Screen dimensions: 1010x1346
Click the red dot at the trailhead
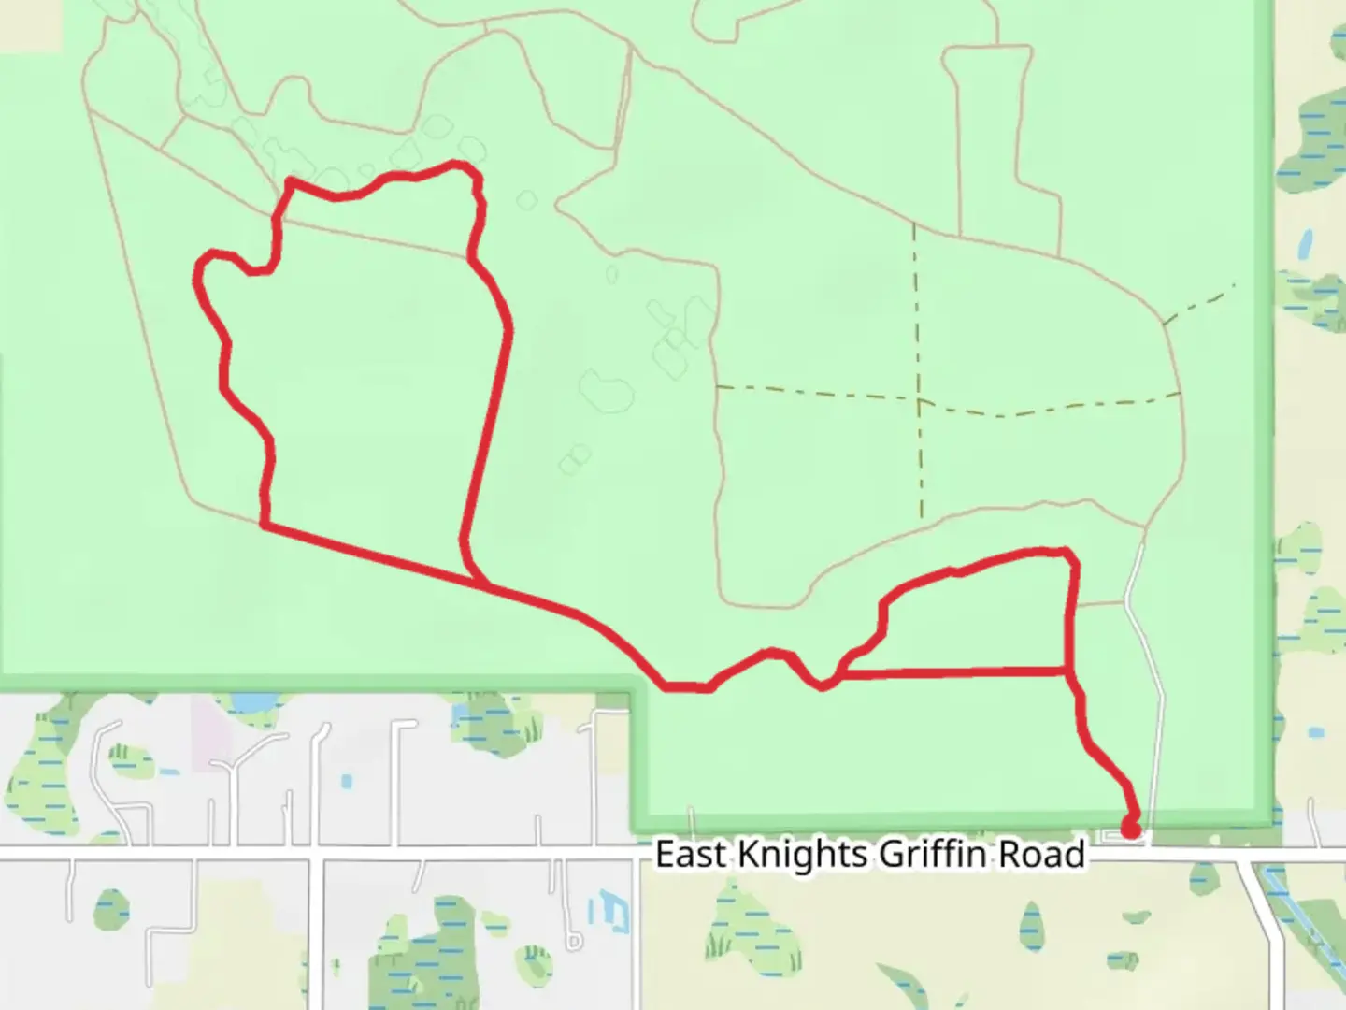coord(1130,830)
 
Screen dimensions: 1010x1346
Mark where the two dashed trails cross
coord(919,401)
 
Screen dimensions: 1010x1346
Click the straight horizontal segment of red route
coord(953,671)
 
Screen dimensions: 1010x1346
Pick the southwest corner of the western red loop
coord(265,526)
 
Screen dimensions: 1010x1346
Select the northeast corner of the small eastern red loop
coord(1068,553)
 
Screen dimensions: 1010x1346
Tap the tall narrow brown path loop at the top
coord(986,140)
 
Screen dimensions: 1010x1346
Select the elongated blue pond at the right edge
coord(1304,244)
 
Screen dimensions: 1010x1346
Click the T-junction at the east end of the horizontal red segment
coord(1069,671)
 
